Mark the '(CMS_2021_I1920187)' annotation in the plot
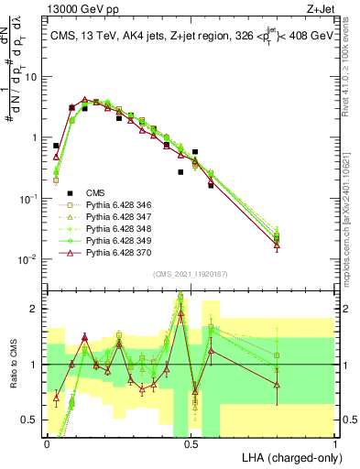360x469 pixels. [x=191, y=274]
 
